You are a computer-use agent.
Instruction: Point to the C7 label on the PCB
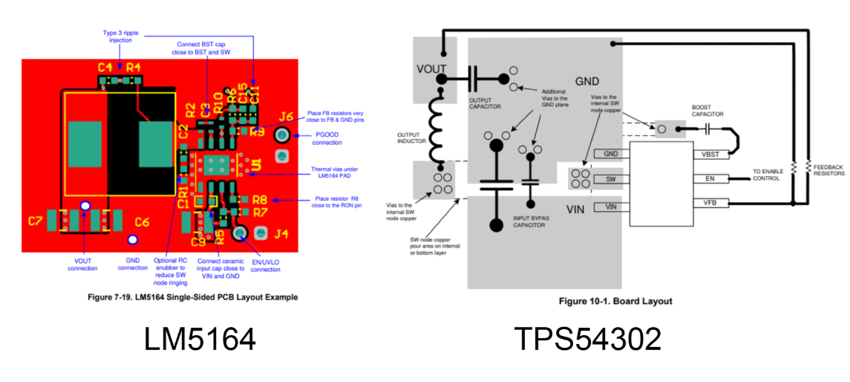pyautogui.click(x=36, y=221)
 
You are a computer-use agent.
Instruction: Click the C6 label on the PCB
pyautogui.click(x=141, y=221)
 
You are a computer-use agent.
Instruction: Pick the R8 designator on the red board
pyautogui.click(x=259, y=199)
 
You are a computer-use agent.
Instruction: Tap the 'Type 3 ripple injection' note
pyautogui.click(x=121, y=37)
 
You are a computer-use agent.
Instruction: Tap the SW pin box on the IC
pyautogui.click(x=611, y=180)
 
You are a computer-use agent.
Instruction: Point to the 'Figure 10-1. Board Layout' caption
pyautogui.click(x=615, y=301)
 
